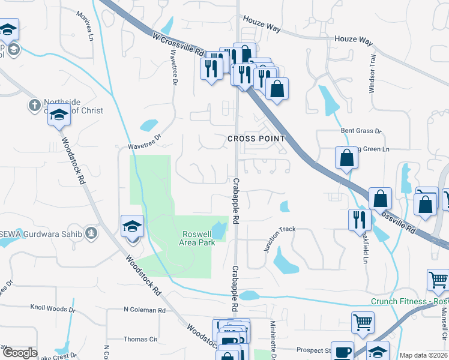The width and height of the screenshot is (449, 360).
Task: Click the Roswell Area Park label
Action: pyautogui.click(x=197, y=238)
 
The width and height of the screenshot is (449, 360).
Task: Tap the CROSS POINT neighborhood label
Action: pyautogui.click(x=255, y=139)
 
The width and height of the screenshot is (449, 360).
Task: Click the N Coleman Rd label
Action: pyautogui.click(x=144, y=310)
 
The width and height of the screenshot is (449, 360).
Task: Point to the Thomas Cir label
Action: pyautogui.click(x=140, y=339)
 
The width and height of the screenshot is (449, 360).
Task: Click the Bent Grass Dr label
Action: pyautogui.click(x=361, y=130)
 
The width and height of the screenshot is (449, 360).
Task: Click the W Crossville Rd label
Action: pyautogui.click(x=179, y=45)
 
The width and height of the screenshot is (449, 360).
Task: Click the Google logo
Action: pyautogui.click(x=20, y=353)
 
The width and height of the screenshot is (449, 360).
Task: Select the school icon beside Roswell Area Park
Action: pyautogui.click(x=132, y=227)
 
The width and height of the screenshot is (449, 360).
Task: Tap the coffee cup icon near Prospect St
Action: pyautogui.click(x=342, y=351)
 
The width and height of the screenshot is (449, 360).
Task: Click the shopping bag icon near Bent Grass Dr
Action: pyautogui.click(x=347, y=158)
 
